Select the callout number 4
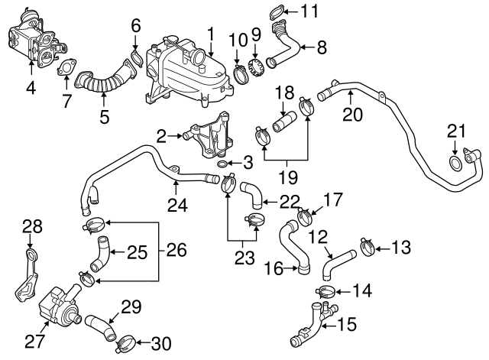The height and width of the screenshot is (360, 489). coord(31,88)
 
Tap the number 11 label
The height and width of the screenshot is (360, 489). coord(309,11)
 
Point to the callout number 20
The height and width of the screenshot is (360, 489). coord(351,115)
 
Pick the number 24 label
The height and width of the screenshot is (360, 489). coord(176,204)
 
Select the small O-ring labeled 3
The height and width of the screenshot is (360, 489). coord(221,164)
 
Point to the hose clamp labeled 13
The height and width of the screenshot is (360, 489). coord(364,247)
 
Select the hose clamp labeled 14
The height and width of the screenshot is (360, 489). coord(324,292)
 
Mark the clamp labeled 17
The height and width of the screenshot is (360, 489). coord(303,216)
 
